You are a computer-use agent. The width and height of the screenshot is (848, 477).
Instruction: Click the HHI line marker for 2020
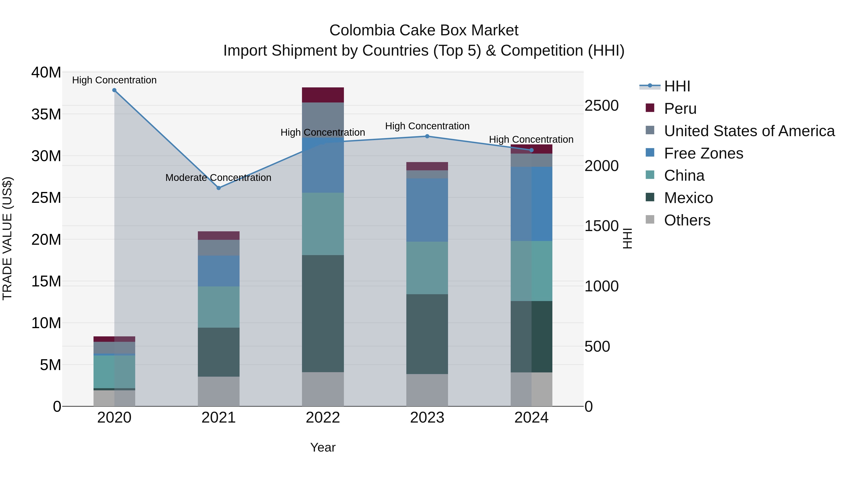point(114,90)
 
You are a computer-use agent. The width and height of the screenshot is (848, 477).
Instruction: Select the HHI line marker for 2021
point(219,188)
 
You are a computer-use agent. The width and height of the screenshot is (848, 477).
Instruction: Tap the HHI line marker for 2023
point(427,136)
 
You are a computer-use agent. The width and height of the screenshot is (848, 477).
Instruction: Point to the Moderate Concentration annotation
point(218,178)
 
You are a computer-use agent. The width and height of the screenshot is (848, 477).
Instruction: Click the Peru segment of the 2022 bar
point(323,95)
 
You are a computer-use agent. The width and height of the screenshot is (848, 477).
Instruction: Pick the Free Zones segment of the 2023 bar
point(427,210)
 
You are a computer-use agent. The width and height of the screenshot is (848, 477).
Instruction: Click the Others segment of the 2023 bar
point(427,390)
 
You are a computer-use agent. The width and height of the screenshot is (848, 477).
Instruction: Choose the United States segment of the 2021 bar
point(219,248)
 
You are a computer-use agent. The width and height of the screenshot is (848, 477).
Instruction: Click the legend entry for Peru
point(680,109)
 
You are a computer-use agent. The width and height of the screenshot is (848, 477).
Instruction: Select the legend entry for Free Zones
point(703,153)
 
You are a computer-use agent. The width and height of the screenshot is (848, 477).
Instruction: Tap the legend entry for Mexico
point(688,198)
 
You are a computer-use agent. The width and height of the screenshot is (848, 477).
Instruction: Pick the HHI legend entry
point(677,86)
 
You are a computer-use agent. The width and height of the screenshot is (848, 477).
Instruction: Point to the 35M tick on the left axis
point(46,114)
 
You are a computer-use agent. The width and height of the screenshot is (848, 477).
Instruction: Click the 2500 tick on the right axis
point(601,106)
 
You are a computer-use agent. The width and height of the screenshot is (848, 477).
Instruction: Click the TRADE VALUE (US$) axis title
point(7,238)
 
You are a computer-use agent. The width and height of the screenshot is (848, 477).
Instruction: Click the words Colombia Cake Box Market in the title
point(424,30)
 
